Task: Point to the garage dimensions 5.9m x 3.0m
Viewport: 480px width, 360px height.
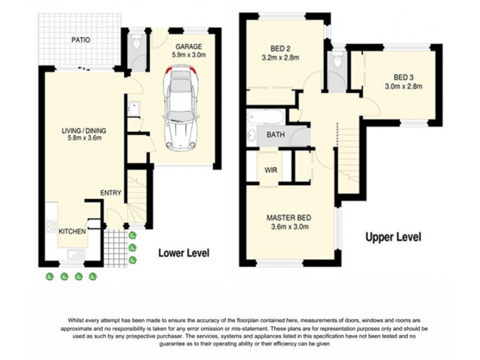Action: coord(188,55)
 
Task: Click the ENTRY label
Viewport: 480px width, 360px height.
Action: coord(111,193)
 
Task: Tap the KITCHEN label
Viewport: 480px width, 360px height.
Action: coord(72,231)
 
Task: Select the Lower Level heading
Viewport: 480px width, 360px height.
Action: coord(184,253)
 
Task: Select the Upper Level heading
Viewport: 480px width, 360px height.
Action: coord(394,236)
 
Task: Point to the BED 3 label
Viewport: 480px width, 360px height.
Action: coord(404,77)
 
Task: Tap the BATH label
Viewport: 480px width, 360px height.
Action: coord(275,135)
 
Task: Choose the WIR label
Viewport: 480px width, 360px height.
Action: coord(271,170)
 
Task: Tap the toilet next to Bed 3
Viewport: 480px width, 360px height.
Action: coord(337,61)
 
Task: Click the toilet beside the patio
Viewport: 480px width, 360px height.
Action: coord(136,42)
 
